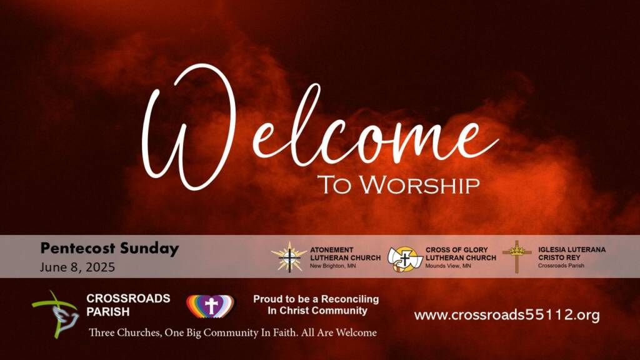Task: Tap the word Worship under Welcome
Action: click(419, 185)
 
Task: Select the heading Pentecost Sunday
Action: click(109, 249)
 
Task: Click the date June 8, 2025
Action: click(77, 267)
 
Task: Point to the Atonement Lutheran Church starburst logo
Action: click(289, 257)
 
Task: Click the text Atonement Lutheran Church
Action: click(345, 254)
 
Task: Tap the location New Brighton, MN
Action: click(332, 266)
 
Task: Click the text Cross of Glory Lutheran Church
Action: click(461, 254)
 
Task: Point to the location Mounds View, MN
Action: click(448, 266)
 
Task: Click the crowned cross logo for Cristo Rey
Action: click(517, 257)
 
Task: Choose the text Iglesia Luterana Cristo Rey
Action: click(572, 254)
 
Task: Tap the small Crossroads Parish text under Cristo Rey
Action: click(561, 266)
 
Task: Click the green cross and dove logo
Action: click(56, 314)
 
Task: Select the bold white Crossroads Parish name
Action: click(128, 305)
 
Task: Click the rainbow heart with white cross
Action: click(211, 306)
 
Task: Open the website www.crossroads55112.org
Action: click(507, 315)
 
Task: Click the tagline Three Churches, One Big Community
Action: click(232, 332)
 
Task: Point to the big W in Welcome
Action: click(189, 127)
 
